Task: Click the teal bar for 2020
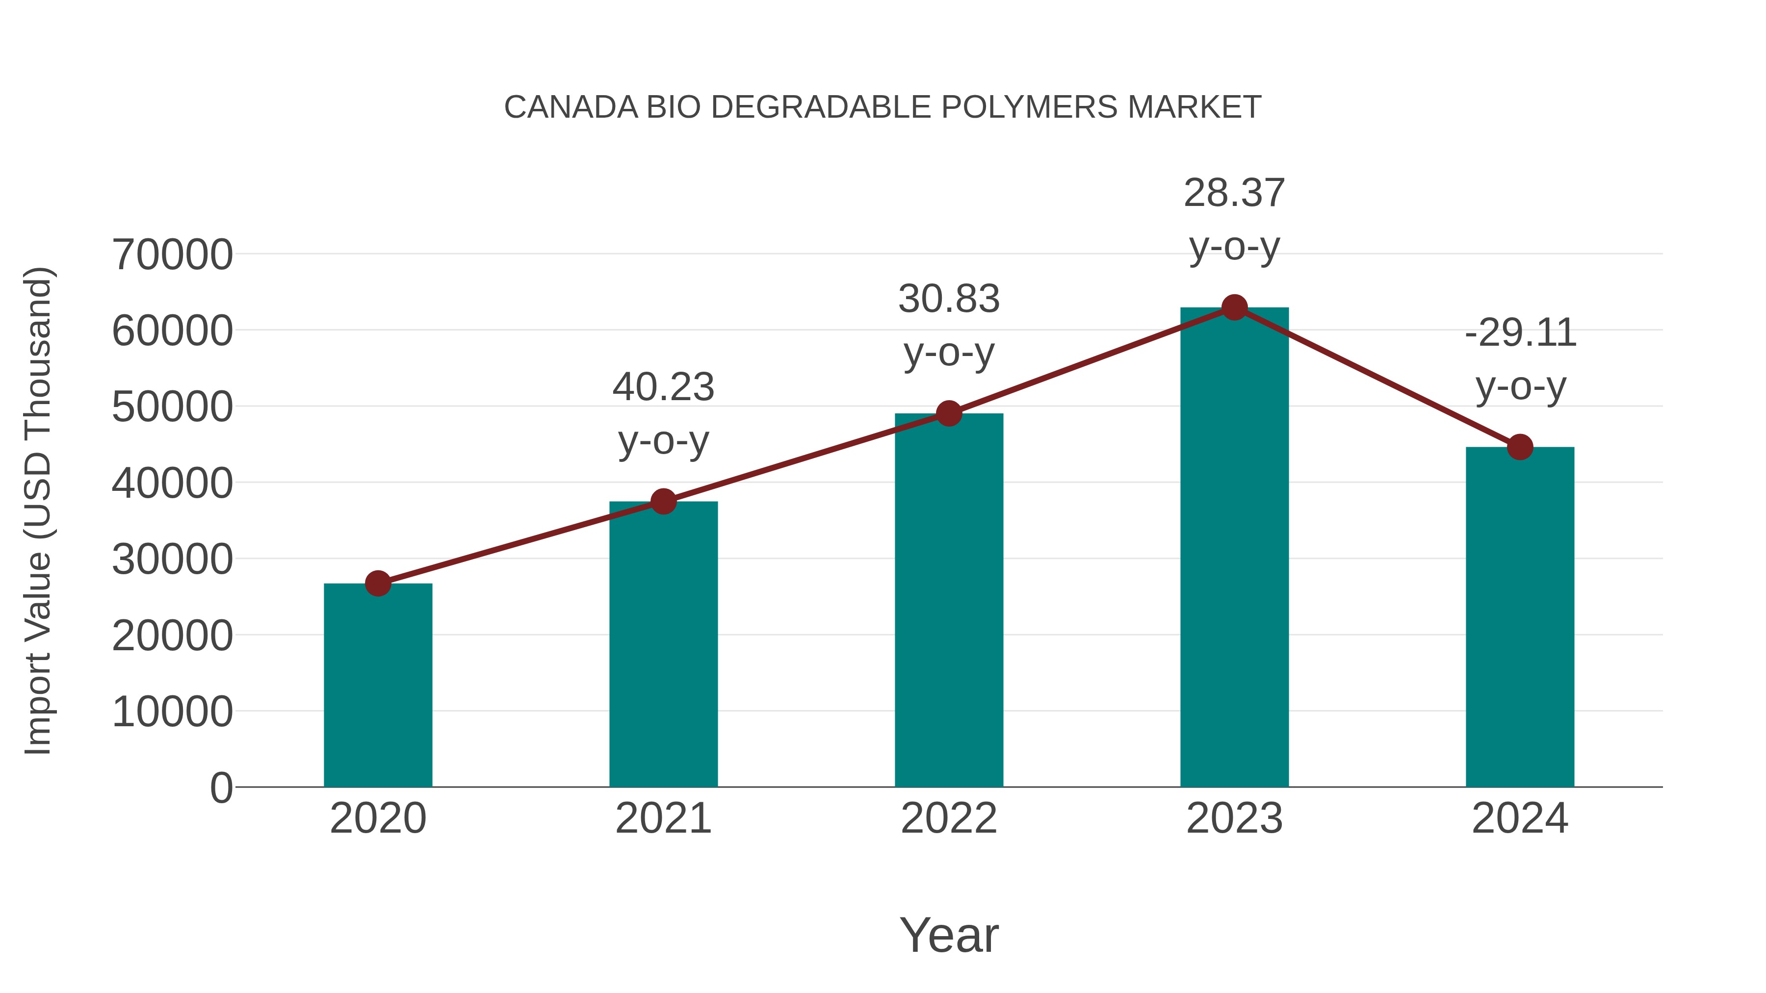pyautogui.click(x=378, y=686)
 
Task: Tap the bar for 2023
pyautogui.click(x=1234, y=548)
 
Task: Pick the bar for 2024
pyautogui.click(x=1520, y=617)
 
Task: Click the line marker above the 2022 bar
pyautogui.click(x=949, y=413)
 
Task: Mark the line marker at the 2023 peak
pyautogui.click(x=1234, y=307)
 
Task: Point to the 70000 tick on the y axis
pyautogui.click(x=172, y=255)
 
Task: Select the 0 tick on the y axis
pyautogui.click(x=221, y=788)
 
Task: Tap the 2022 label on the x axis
pyautogui.click(x=949, y=818)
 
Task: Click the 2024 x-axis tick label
pyautogui.click(x=1520, y=818)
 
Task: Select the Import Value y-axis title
pyautogui.click(x=38, y=510)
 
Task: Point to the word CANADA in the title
pyautogui.click(x=571, y=107)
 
